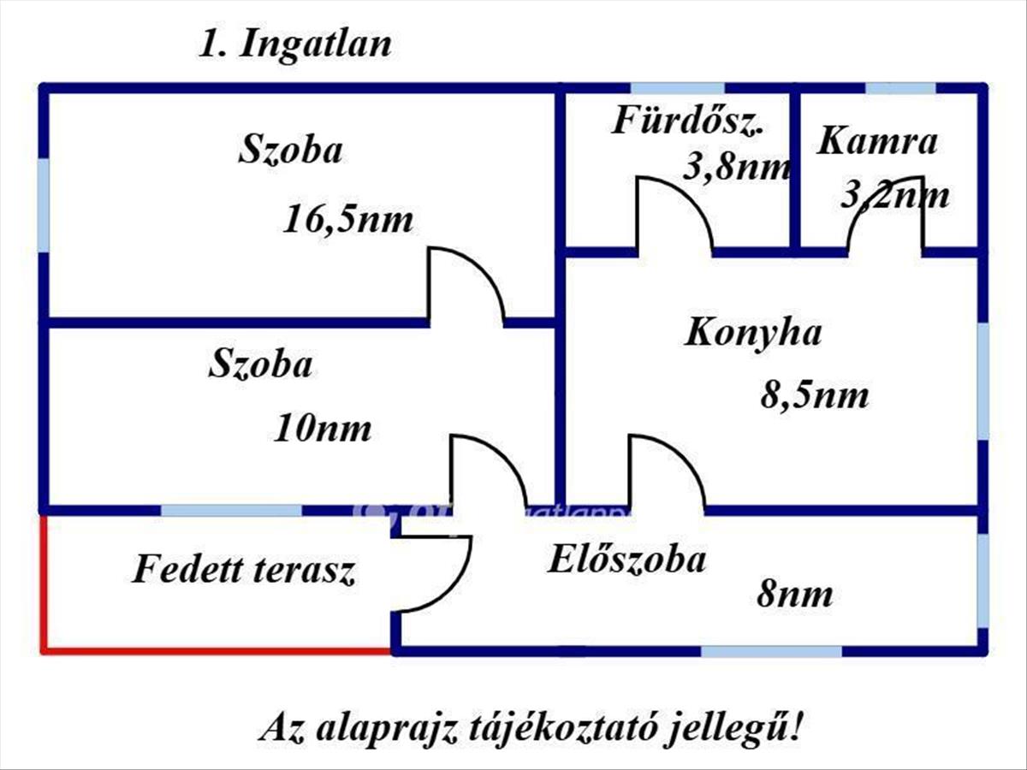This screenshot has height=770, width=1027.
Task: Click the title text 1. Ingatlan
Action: [294, 44]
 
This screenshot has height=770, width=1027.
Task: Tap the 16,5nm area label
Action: [348, 220]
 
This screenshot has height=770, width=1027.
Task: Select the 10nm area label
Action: [323, 429]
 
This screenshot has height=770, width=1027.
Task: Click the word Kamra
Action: [877, 141]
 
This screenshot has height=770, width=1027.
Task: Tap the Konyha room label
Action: [753, 334]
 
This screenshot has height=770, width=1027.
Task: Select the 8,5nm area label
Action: [815, 396]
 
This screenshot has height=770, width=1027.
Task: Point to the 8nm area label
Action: [795, 595]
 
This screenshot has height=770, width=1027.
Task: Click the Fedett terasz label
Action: [244, 570]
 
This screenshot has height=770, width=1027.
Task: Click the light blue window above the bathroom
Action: [678, 88]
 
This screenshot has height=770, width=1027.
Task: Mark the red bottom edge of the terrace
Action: [217, 650]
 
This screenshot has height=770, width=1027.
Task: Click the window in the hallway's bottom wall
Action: [771, 651]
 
